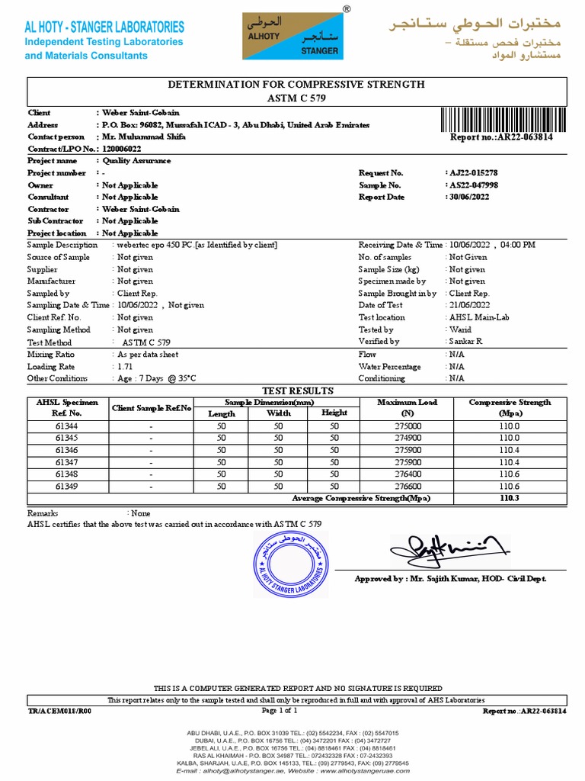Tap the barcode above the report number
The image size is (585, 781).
coord(502,121)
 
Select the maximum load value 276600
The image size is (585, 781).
coord(408,486)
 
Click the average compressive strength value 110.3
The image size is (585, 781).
coord(509,498)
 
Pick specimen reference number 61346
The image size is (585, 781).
coord(66,450)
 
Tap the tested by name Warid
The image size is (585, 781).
coord(459,329)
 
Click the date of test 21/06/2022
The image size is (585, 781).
coord(469,305)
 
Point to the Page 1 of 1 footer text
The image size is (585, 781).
coord(279,711)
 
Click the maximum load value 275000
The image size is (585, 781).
coord(408,426)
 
